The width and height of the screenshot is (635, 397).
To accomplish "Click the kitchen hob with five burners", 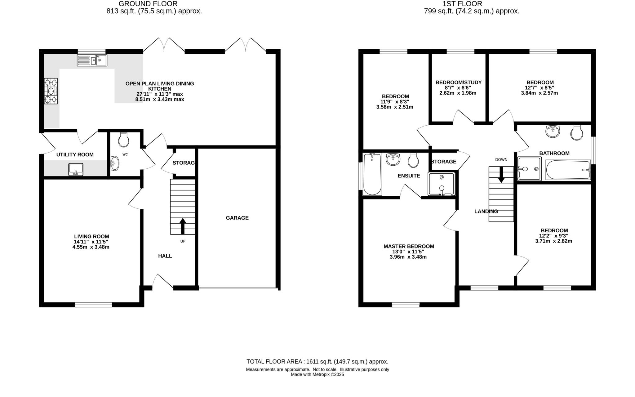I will point(51,91).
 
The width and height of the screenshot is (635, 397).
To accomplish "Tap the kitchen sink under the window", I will point(92,60).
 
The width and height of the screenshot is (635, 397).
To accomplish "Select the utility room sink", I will point(76,169).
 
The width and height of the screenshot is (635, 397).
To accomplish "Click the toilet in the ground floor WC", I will point(124,140).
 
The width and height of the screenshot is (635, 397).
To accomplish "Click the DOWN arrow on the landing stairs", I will point(501,175).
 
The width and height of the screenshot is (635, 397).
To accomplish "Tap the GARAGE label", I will point(237,218).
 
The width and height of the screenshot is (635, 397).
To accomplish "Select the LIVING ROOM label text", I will point(91,236).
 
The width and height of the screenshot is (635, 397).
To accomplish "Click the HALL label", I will point(165,256).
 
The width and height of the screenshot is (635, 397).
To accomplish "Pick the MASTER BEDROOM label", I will point(409,246).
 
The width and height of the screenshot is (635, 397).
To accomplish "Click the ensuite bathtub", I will point(372,174).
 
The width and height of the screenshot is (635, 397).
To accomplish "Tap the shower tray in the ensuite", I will point(442,184).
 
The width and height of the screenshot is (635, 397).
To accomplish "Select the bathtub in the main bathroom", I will point(568,170).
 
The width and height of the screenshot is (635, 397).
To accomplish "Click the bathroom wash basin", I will point(553,131).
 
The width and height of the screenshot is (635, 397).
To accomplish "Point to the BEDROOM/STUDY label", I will point(458,82).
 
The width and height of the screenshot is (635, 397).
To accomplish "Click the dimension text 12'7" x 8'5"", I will point(540,87).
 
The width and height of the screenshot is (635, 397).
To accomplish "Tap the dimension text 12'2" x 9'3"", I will point(554,236).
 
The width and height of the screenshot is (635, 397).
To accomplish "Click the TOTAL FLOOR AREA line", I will point(317,361).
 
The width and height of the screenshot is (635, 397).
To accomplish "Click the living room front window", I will point(93,305).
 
